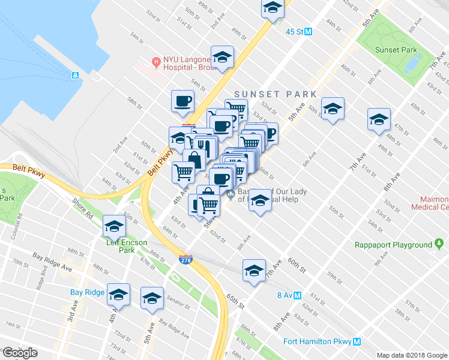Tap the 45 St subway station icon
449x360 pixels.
pos(309,32)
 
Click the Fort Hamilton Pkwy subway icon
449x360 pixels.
pos(357,341)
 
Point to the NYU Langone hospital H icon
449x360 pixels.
pos(156,61)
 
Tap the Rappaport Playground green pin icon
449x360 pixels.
pos(439,244)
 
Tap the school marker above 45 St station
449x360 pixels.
pos(272,8)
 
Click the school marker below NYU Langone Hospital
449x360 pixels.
pos(222,58)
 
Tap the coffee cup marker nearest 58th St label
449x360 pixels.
pos(182,101)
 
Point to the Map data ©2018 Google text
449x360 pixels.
pos(412,355)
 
